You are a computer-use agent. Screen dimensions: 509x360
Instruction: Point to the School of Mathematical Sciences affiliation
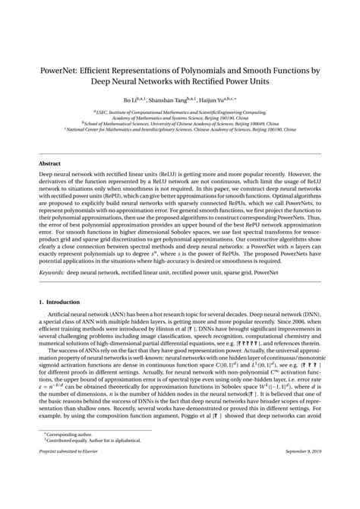click(x=180, y=124)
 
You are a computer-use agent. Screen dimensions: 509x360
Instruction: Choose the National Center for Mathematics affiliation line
click(x=180, y=130)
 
